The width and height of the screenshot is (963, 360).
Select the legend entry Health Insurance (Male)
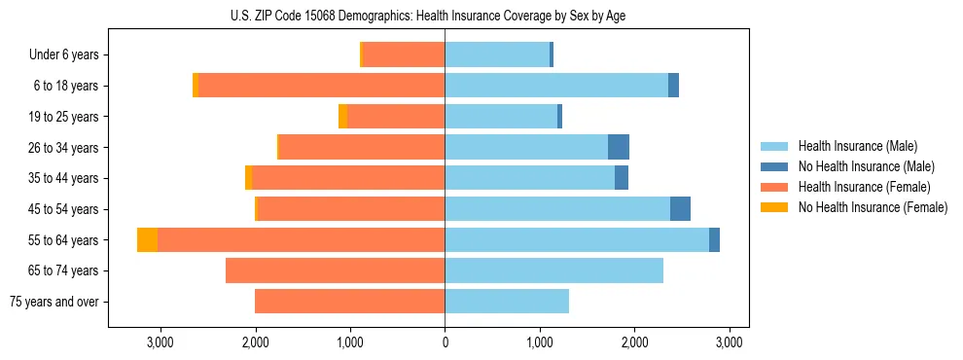(856, 146)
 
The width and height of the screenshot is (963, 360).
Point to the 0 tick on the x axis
(445, 342)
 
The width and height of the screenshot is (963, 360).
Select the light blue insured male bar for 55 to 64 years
(577, 239)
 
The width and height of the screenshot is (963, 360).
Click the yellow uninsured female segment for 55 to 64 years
(147, 239)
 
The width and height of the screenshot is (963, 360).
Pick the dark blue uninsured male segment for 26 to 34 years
(619, 147)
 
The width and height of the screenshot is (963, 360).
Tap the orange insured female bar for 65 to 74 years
(335, 270)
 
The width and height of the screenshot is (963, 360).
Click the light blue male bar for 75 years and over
(507, 302)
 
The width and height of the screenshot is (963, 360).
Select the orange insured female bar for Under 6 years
(404, 54)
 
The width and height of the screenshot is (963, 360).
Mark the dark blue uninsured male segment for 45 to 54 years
(680, 209)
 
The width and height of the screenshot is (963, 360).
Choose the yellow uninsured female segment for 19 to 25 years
(342, 117)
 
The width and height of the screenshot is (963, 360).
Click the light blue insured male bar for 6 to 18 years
(556, 86)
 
